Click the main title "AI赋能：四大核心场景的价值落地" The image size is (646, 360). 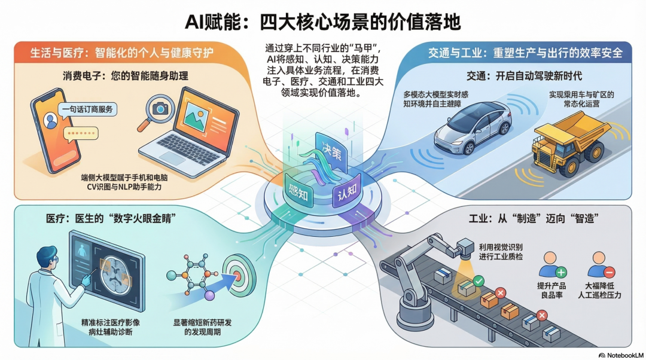tap(323, 23)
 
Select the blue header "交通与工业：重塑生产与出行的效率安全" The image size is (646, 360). tap(525, 53)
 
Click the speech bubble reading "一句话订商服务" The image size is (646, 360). tap(86, 109)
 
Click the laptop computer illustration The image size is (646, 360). tap(190, 132)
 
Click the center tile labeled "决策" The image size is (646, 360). tap(331, 151)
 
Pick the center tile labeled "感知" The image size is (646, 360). tap(297, 191)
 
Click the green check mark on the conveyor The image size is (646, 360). tap(478, 280)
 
